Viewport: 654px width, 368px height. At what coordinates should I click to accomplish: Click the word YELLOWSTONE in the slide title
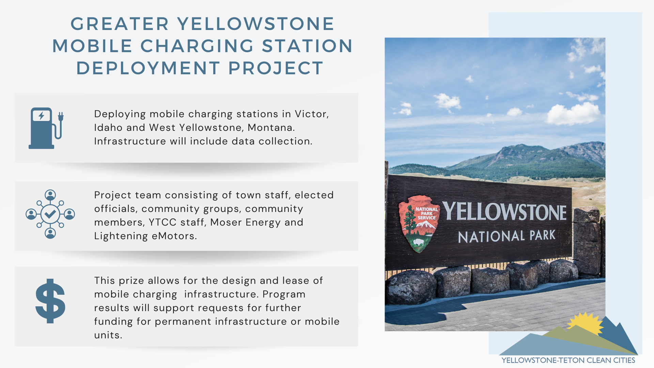click(256, 24)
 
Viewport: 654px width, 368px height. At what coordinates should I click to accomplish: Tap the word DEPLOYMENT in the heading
click(148, 68)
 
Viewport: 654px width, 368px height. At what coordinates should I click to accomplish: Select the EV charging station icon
click(46, 128)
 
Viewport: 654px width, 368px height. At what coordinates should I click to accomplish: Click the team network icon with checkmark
click(50, 214)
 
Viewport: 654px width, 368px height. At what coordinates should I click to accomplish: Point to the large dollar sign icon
click(50, 301)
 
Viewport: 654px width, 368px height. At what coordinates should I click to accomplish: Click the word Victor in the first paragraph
click(312, 114)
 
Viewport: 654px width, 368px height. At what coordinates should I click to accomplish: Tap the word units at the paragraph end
click(108, 335)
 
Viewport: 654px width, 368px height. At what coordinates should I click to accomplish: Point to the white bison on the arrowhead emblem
click(419, 242)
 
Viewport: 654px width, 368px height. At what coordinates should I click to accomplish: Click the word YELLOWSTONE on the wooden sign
click(504, 212)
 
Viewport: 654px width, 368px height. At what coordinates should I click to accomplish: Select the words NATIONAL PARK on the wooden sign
click(507, 236)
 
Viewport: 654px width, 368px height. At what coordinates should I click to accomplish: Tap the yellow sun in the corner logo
click(585, 323)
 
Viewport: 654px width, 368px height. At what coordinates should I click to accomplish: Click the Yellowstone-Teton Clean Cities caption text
click(568, 360)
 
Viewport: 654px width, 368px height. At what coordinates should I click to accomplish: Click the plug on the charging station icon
click(61, 117)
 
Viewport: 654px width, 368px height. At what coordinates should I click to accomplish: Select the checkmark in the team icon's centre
click(50, 214)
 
